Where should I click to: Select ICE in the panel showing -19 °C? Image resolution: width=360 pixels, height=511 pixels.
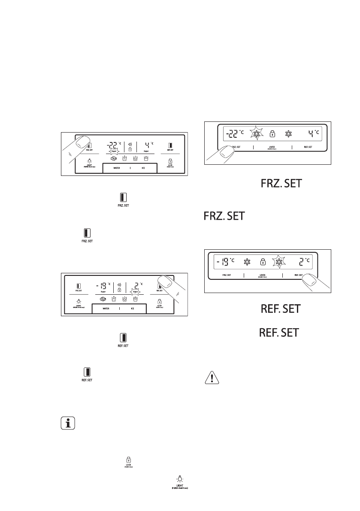click(x=133, y=308)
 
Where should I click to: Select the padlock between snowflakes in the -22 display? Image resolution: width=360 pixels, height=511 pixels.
click(x=272, y=133)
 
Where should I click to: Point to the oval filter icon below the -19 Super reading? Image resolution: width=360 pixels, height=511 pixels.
click(x=103, y=299)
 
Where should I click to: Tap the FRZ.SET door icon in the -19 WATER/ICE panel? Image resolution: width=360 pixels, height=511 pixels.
click(x=79, y=285)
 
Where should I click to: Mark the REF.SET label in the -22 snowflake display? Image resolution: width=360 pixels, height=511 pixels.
click(x=307, y=147)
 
